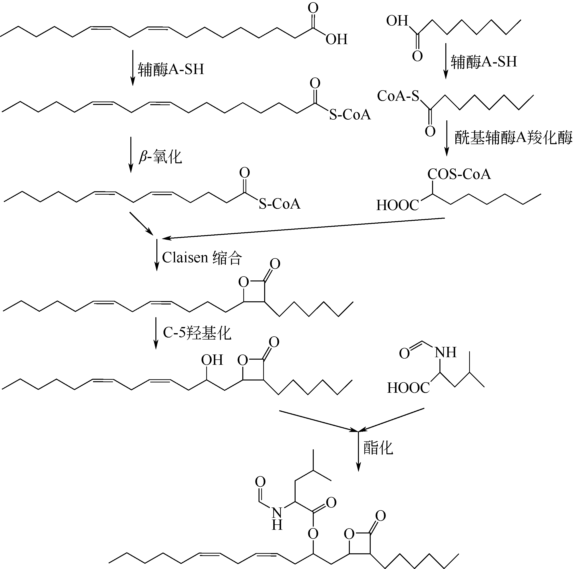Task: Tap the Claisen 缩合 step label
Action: (202, 257)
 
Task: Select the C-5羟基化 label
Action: (197, 333)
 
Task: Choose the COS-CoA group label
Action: (459, 174)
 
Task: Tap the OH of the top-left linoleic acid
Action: (336, 39)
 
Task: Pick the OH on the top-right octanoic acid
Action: (397, 21)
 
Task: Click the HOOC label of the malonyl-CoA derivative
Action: (397, 205)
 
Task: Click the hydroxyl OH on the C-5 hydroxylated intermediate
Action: (212, 360)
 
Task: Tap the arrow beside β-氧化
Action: (131, 155)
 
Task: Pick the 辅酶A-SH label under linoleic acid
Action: (171, 69)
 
